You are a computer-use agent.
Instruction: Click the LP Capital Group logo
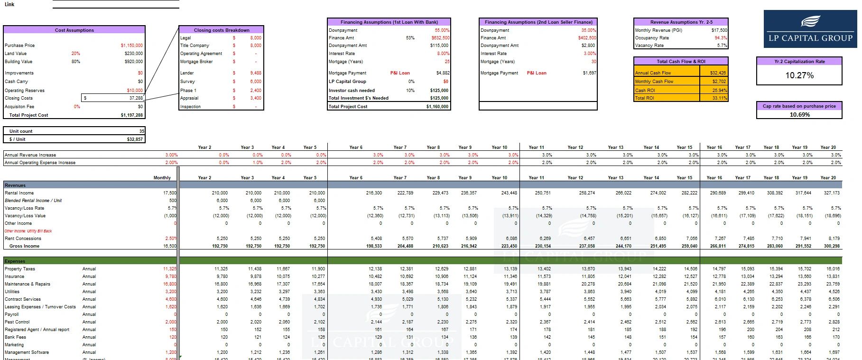click(x=810, y=29)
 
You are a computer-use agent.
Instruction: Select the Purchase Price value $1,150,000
click(x=131, y=46)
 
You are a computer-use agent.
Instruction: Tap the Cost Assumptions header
click(x=74, y=30)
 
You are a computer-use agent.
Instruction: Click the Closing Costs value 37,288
click(x=136, y=98)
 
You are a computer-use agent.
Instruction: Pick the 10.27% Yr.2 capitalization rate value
click(x=799, y=75)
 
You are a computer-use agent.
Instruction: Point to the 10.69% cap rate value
click(x=799, y=114)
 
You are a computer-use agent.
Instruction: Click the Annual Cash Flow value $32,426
click(x=718, y=73)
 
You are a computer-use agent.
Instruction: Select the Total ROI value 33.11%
click(x=719, y=98)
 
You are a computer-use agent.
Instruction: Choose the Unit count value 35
click(x=141, y=131)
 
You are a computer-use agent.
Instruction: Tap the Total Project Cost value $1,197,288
click(x=131, y=115)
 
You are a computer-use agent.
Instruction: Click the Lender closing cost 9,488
click(x=256, y=73)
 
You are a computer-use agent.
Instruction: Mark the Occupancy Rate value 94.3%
click(x=721, y=38)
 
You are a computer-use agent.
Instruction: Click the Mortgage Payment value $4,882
click(x=443, y=73)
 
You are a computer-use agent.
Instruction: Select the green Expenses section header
click(x=15, y=261)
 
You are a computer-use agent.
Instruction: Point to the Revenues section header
click(x=15, y=185)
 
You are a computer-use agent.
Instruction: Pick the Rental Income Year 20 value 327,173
click(x=832, y=193)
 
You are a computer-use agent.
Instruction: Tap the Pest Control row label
click(x=17, y=322)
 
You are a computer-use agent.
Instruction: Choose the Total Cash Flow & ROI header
click(x=681, y=61)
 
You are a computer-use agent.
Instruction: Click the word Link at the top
click(x=9, y=4)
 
